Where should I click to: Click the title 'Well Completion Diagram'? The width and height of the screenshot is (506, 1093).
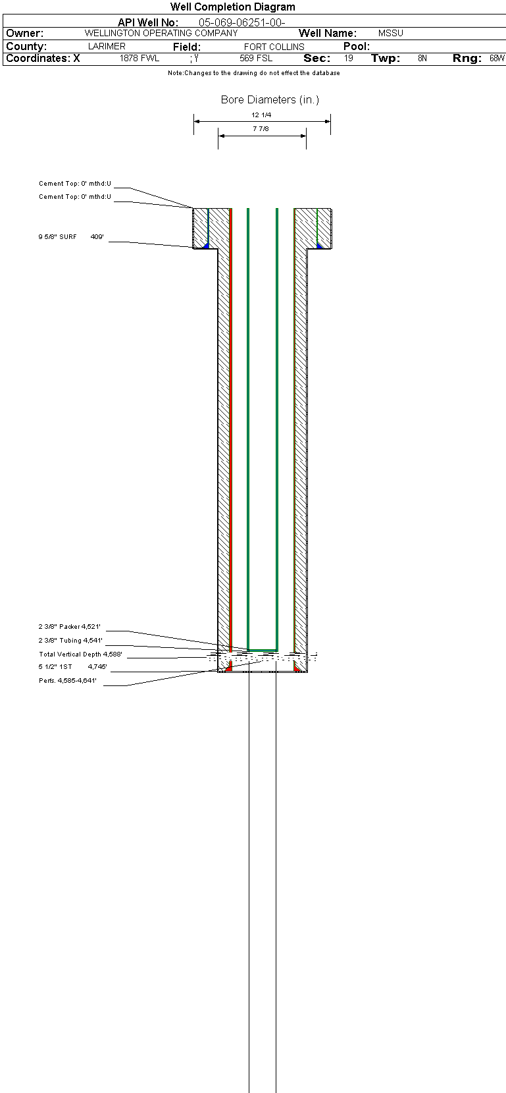pyautogui.click(x=232, y=7)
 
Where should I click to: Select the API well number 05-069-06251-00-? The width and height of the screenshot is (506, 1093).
pyautogui.click(x=241, y=22)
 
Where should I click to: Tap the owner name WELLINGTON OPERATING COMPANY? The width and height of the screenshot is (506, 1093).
pyautogui.click(x=161, y=33)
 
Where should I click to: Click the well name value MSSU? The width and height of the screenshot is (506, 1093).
pyautogui.click(x=390, y=33)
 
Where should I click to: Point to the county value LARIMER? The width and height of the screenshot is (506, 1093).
pyautogui.click(x=107, y=46)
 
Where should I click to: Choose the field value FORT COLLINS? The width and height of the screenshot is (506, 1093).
pyautogui.click(x=274, y=47)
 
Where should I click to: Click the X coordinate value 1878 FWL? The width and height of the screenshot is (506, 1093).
pyautogui.click(x=139, y=58)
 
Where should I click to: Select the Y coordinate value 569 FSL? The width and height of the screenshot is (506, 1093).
pyautogui.click(x=256, y=58)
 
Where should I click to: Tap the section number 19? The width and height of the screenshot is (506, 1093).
pyautogui.click(x=349, y=58)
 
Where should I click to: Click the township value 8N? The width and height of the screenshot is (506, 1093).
pyautogui.click(x=422, y=58)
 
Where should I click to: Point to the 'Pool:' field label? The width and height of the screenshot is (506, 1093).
pyautogui.click(x=357, y=46)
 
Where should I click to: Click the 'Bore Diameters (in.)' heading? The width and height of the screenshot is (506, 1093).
pyautogui.click(x=270, y=99)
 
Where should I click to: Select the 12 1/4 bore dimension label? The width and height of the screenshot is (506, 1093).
pyautogui.click(x=261, y=115)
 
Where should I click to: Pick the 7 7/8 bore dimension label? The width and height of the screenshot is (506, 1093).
pyautogui.click(x=261, y=129)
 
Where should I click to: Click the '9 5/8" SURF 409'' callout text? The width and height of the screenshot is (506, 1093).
pyautogui.click(x=71, y=236)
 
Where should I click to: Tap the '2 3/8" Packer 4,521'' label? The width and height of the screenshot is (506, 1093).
pyautogui.click(x=70, y=627)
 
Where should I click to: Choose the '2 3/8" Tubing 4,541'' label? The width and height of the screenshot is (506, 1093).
pyautogui.click(x=70, y=640)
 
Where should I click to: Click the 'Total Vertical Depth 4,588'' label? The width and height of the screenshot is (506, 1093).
pyautogui.click(x=80, y=654)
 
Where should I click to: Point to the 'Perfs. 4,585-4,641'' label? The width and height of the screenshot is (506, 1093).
pyautogui.click(x=68, y=680)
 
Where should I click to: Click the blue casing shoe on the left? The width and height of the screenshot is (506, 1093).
pyautogui.click(x=206, y=246)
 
